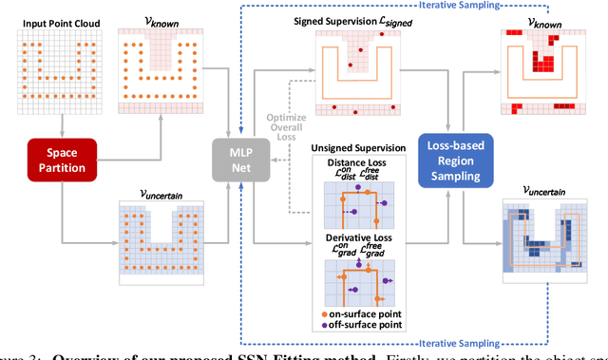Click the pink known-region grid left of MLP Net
pyautogui.click(x=156, y=70)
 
